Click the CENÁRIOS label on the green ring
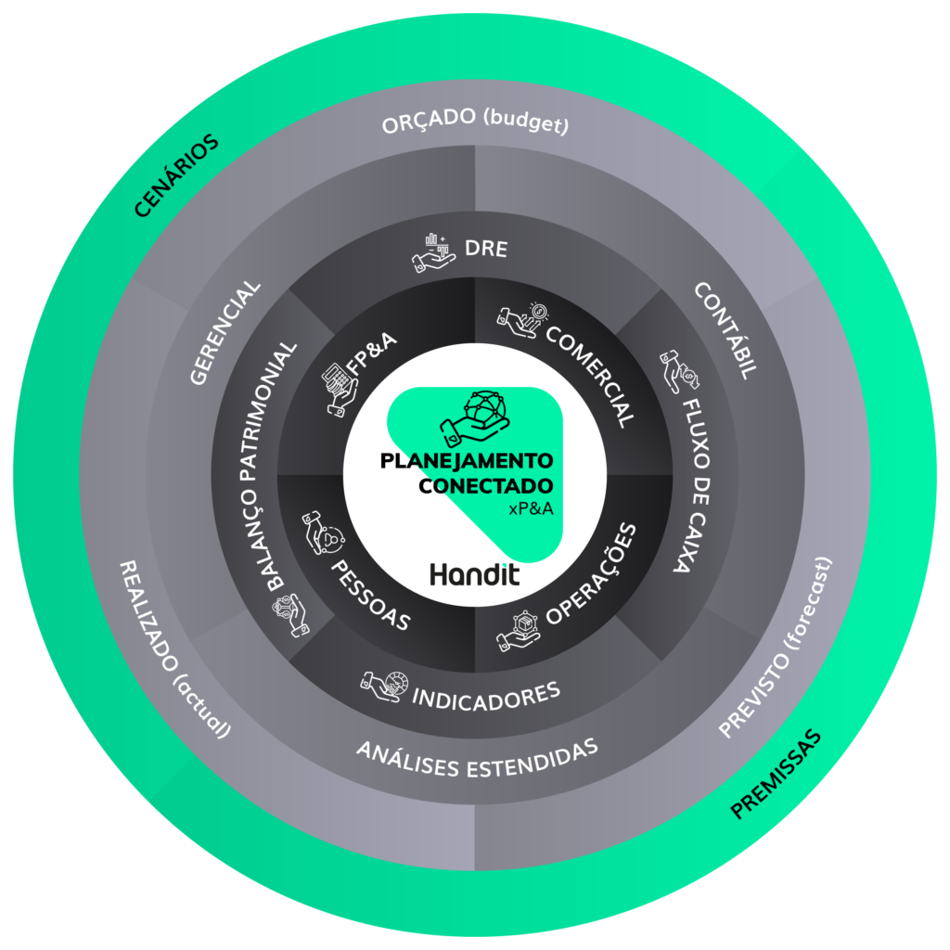(x=176, y=176)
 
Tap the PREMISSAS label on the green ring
(x=777, y=775)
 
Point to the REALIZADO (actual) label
(x=173, y=649)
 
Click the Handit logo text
(x=475, y=574)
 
